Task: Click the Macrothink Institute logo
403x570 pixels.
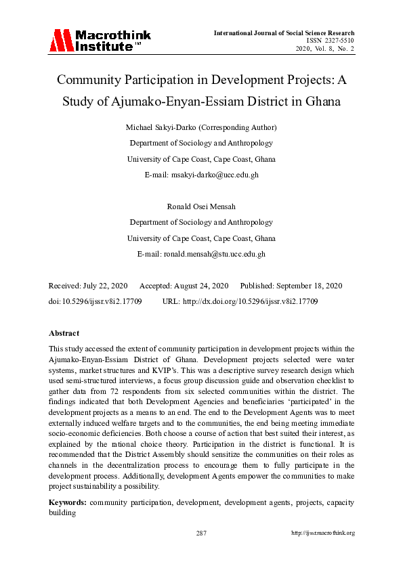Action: pos(100,41)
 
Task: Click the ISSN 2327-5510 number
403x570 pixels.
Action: pos(331,41)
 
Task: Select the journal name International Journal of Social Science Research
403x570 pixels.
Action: pos(284,32)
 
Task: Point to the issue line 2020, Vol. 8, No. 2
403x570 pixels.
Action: pos(324,49)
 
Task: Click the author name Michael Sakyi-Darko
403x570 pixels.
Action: pos(173,127)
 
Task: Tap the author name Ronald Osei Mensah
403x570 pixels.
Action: pos(201,206)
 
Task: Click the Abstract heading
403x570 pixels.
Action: pos(64,333)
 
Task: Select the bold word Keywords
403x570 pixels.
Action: pos(67,502)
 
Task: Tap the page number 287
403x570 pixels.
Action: pos(201,533)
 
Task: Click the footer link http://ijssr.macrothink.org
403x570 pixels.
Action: pos(322,533)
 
